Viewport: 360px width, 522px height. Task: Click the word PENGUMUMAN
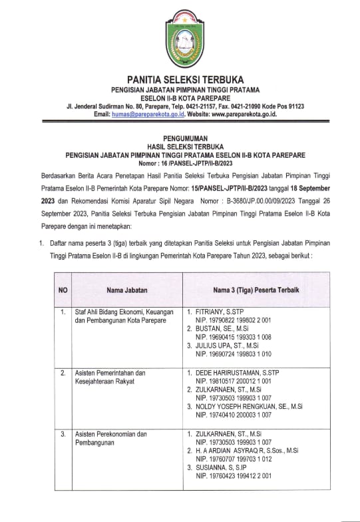pos(180,134)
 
